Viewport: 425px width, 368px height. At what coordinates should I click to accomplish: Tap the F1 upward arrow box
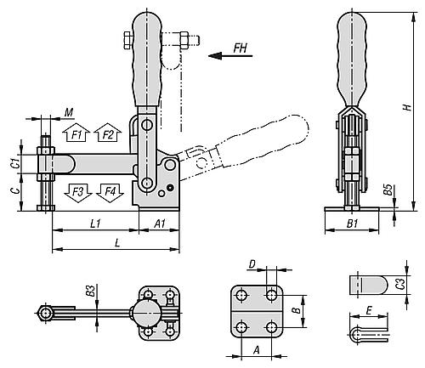tap(76, 134)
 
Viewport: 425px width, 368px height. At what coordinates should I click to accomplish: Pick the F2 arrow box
tap(108, 134)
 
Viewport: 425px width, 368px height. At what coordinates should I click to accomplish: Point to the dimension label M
tap(68, 111)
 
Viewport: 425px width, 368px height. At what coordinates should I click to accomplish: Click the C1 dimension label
tap(14, 161)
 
